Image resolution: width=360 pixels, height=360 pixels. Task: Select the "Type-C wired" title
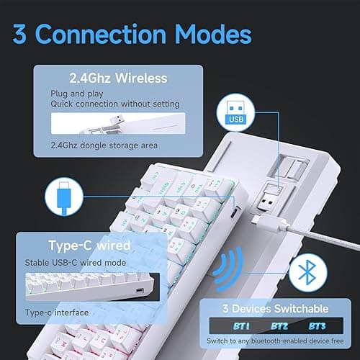pos(89,246)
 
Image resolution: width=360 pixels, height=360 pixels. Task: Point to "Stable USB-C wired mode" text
pos(79,264)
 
